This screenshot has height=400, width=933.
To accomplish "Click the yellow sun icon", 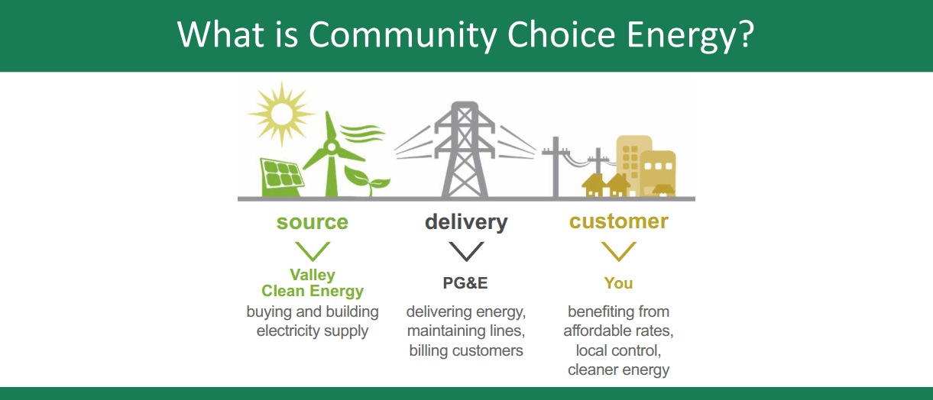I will (x=281, y=113).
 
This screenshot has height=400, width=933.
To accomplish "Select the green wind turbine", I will (x=331, y=153).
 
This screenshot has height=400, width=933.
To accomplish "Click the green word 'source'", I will (x=312, y=222).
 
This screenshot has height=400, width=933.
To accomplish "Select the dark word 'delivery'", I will (x=466, y=222).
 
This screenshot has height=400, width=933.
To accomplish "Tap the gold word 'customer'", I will (x=618, y=221).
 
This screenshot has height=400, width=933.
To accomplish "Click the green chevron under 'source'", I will (x=312, y=251).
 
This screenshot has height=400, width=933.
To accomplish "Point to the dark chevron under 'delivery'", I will (x=466, y=251).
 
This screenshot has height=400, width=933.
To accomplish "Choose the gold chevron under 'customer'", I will (x=618, y=251).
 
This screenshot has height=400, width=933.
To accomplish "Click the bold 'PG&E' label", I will (x=465, y=283).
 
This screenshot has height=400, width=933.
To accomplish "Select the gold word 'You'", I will (x=618, y=283).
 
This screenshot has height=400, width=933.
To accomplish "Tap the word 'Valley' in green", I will (x=313, y=275).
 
